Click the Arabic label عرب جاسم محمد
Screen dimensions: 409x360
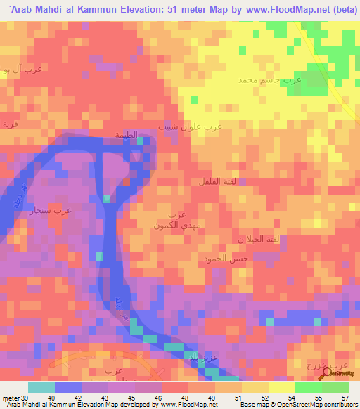pos(269,80)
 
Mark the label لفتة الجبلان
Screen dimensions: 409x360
pos(261,240)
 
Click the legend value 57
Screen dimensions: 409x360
pos(345,397)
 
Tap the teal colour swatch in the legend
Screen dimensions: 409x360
pos(41,387)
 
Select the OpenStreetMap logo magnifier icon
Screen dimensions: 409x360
pos(324,372)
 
